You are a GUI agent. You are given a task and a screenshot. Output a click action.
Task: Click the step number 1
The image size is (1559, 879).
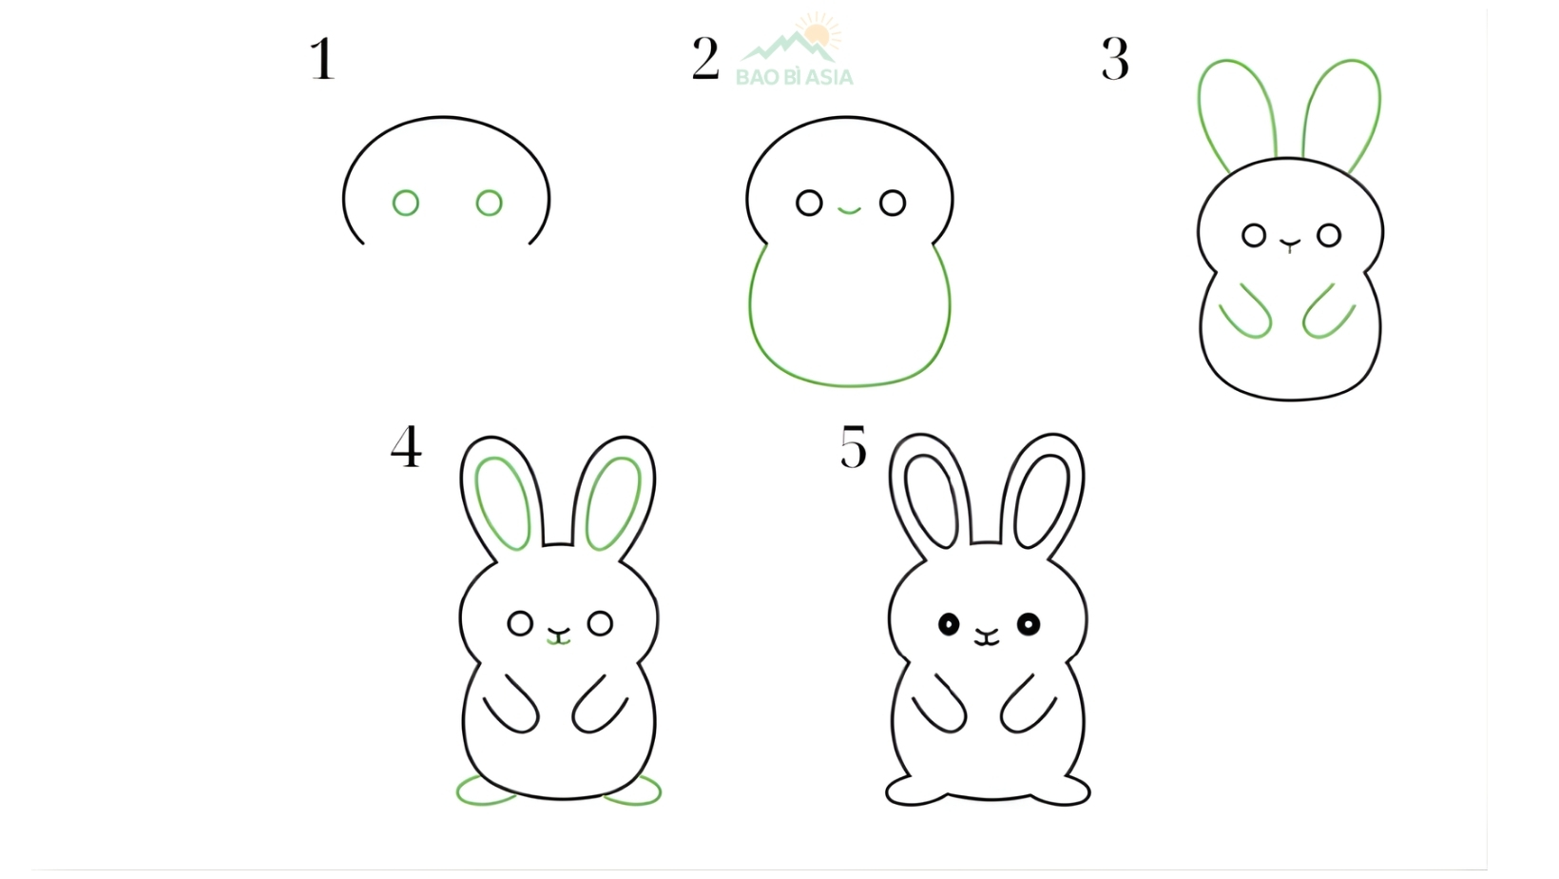323,59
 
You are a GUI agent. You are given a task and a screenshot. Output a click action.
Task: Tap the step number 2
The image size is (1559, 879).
705,59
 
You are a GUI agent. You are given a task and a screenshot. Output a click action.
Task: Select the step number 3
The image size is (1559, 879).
1115,59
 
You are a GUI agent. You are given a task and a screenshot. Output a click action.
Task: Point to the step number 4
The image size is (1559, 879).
406,447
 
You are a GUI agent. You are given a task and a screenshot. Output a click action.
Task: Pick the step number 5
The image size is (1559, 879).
854,447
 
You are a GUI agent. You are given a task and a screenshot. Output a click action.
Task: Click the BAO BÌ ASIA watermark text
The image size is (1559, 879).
795,77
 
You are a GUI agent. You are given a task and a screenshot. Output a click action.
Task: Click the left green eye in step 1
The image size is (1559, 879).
406,203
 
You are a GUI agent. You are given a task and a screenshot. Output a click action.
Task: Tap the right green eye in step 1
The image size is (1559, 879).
490,203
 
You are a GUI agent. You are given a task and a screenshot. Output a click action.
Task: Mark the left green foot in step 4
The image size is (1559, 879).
485,791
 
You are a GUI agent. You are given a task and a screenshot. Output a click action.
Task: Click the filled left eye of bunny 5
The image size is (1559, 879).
949,624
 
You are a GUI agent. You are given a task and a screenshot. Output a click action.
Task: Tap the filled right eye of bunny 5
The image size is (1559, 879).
1029,624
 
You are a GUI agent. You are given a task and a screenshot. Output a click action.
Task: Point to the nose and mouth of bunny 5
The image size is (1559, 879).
988,636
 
